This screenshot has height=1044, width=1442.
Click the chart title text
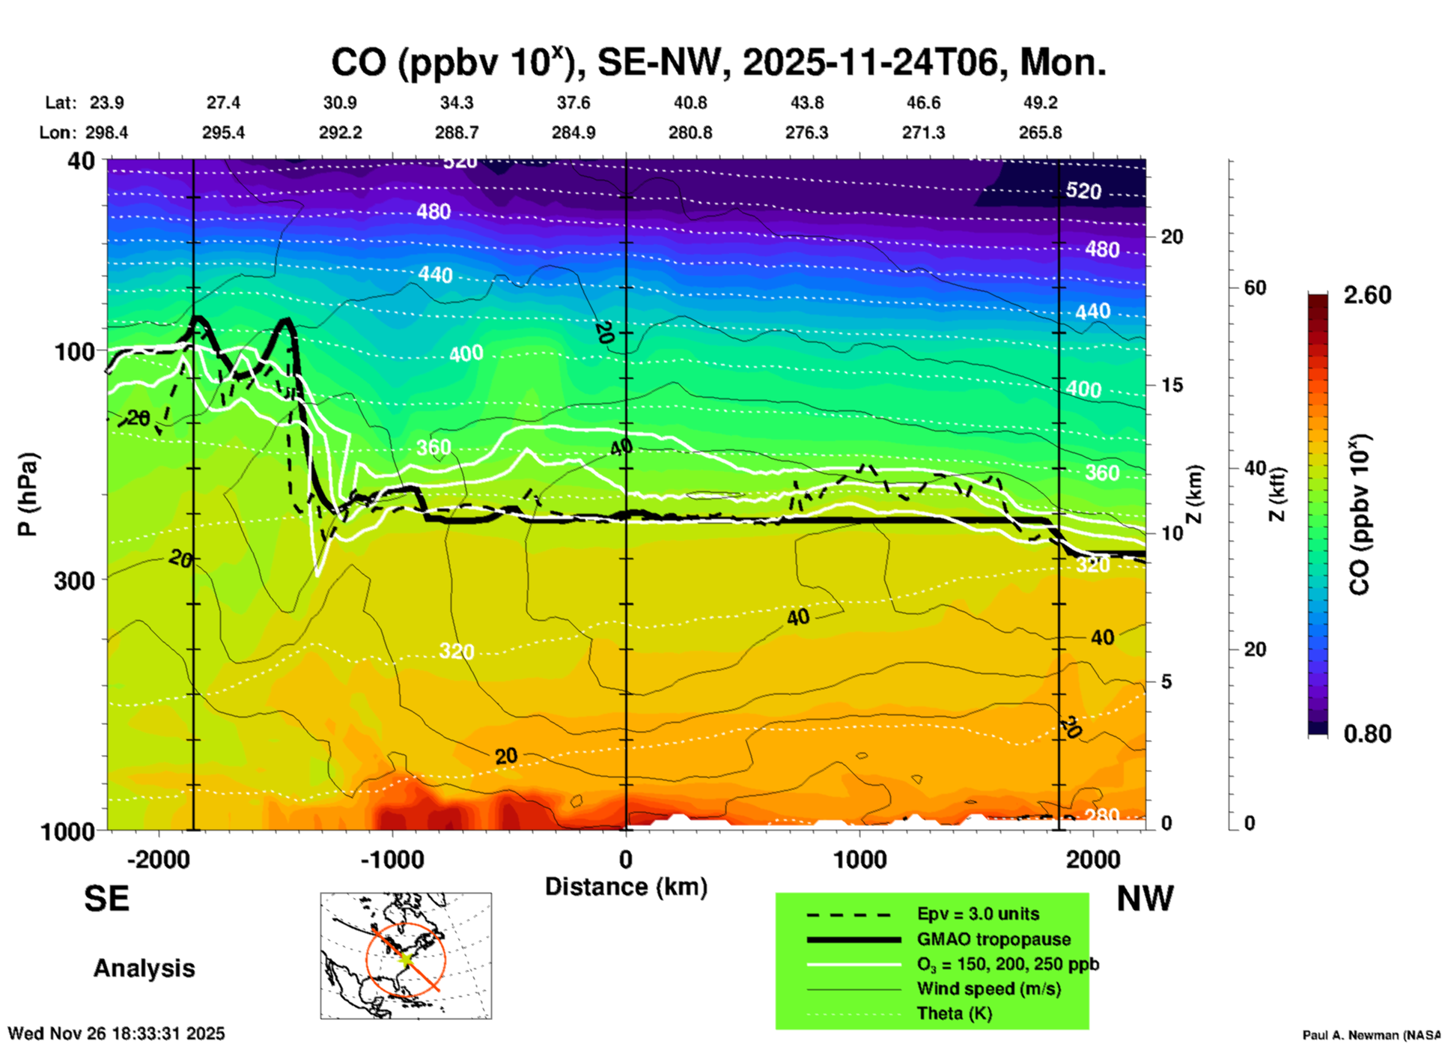[x=718, y=62]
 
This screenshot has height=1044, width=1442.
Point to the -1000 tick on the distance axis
[x=392, y=859]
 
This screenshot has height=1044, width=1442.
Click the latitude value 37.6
[x=573, y=103]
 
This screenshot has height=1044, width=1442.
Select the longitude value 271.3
[x=923, y=133]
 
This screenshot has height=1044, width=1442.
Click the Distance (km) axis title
[x=626, y=887]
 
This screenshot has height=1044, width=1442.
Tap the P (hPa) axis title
[x=28, y=494]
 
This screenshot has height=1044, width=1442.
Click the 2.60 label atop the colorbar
[x=1367, y=295]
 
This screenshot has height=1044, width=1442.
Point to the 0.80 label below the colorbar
[x=1367, y=733]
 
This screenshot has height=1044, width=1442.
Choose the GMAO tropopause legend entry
[x=994, y=939]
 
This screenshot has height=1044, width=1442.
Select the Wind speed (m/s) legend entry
[x=988, y=989]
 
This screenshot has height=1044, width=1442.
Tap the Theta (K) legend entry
[x=954, y=1013]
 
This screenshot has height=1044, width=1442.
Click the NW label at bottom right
[x=1145, y=899]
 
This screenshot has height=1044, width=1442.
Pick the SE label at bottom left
[x=106, y=899]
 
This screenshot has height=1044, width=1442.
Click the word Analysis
[x=144, y=968]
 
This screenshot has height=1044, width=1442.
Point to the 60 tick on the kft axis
[x=1255, y=288]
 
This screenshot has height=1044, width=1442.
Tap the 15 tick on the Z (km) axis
[x=1172, y=385]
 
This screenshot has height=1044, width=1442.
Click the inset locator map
[x=406, y=956]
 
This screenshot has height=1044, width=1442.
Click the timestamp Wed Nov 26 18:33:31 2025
[x=116, y=1034]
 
